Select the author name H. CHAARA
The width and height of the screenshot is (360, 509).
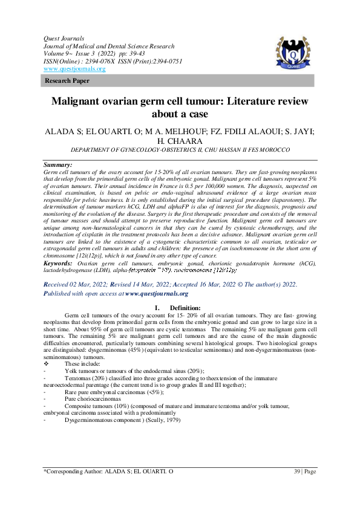[x=180, y=141]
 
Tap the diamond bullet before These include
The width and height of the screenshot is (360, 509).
[x=47, y=363]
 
